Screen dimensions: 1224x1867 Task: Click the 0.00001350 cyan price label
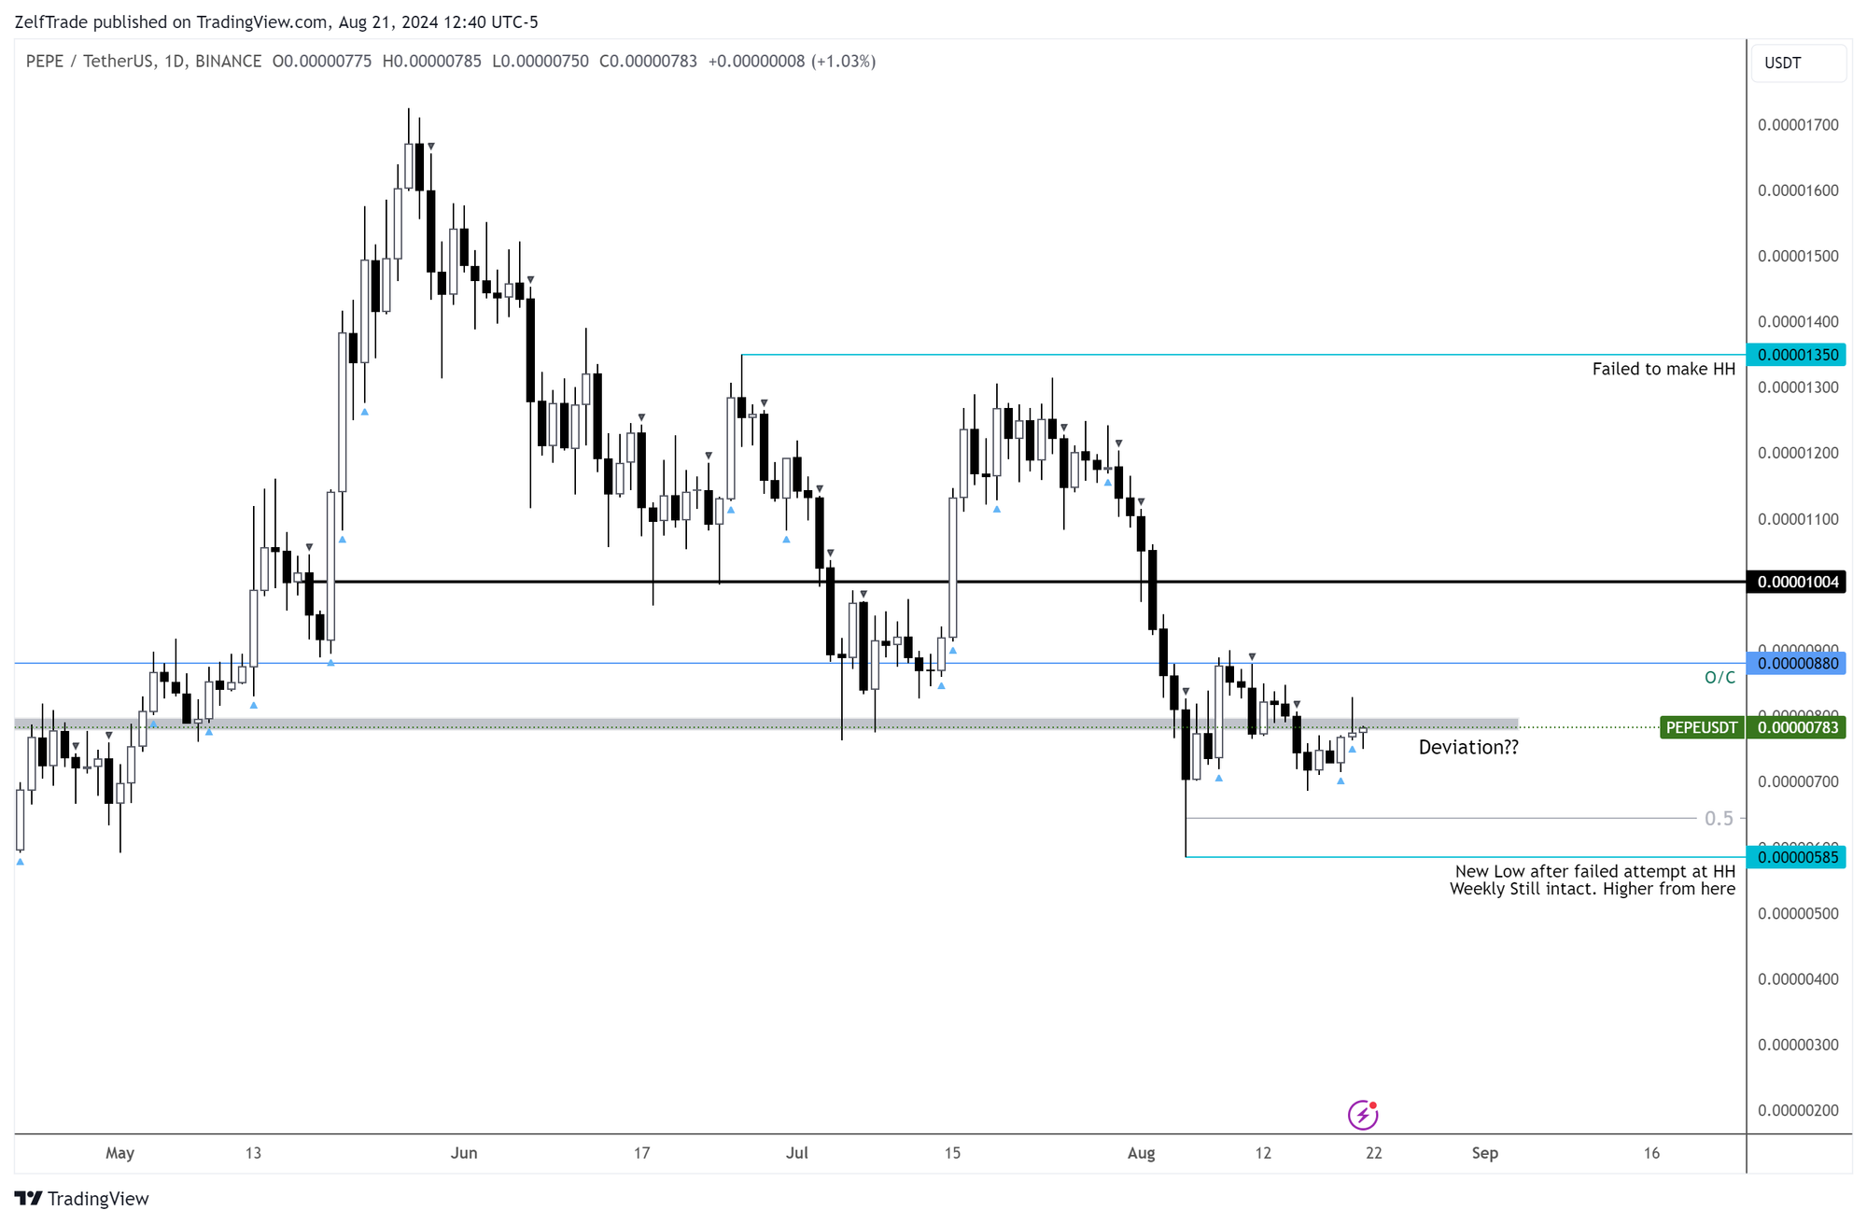coord(1797,355)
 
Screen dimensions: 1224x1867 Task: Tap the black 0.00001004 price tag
coord(1797,582)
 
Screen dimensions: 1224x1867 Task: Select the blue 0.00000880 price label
coord(1797,664)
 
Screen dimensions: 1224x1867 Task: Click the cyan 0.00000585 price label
coord(1797,857)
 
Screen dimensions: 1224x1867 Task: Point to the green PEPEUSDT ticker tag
coord(1702,727)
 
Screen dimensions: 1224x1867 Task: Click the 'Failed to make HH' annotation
coord(1663,369)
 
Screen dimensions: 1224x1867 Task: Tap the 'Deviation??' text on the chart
coord(1467,747)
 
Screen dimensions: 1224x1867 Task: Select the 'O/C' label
coord(1720,677)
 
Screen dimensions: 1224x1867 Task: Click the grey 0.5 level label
coord(1719,818)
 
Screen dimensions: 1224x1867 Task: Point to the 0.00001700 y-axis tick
coord(1797,125)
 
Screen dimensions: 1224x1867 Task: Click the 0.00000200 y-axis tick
coord(1797,1110)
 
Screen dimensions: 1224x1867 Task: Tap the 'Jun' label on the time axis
coord(464,1153)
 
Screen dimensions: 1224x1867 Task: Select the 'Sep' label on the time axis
coord(1484,1153)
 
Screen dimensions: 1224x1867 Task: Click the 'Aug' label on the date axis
coord(1141,1153)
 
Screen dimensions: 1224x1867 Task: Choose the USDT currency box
coord(1798,63)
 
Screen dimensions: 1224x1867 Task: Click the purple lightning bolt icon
coord(1363,1114)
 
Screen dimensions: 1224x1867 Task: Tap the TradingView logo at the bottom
coord(82,1199)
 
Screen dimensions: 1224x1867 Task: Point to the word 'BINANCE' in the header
coord(229,62)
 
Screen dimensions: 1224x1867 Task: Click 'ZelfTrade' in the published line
coord(51,21)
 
